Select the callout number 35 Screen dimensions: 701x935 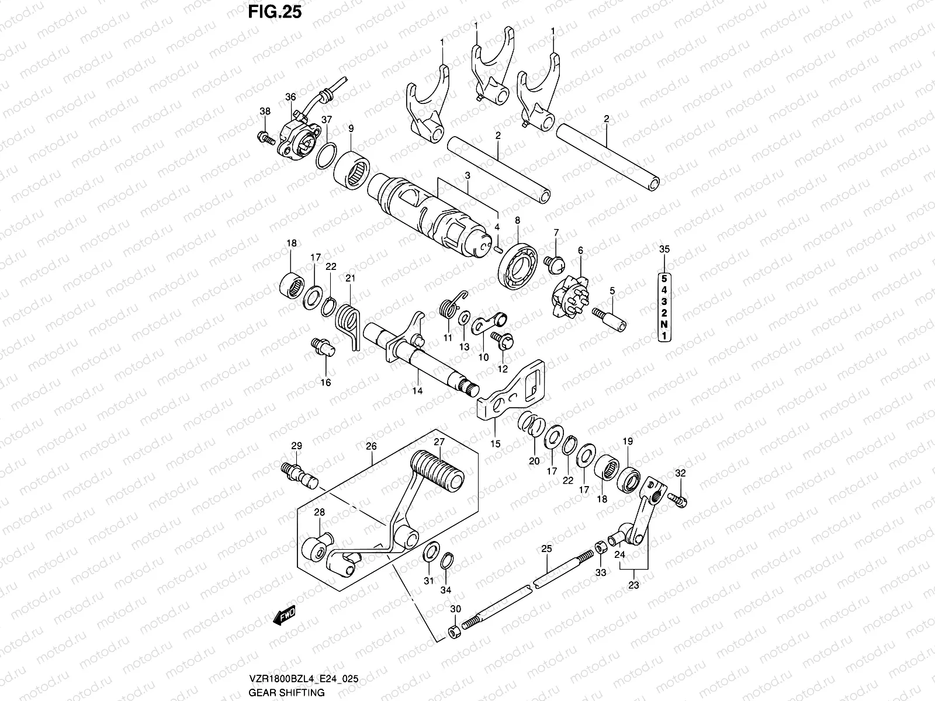tap(664, 249)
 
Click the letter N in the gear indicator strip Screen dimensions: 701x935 tap(664, 324)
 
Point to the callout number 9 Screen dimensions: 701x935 tap(351, 128)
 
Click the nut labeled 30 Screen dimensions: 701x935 tap(453, 633)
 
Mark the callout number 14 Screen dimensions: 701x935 tap(417, 391)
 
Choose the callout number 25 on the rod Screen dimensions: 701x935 tap(546, 549)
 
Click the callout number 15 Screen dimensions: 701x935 tap(495, 443)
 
